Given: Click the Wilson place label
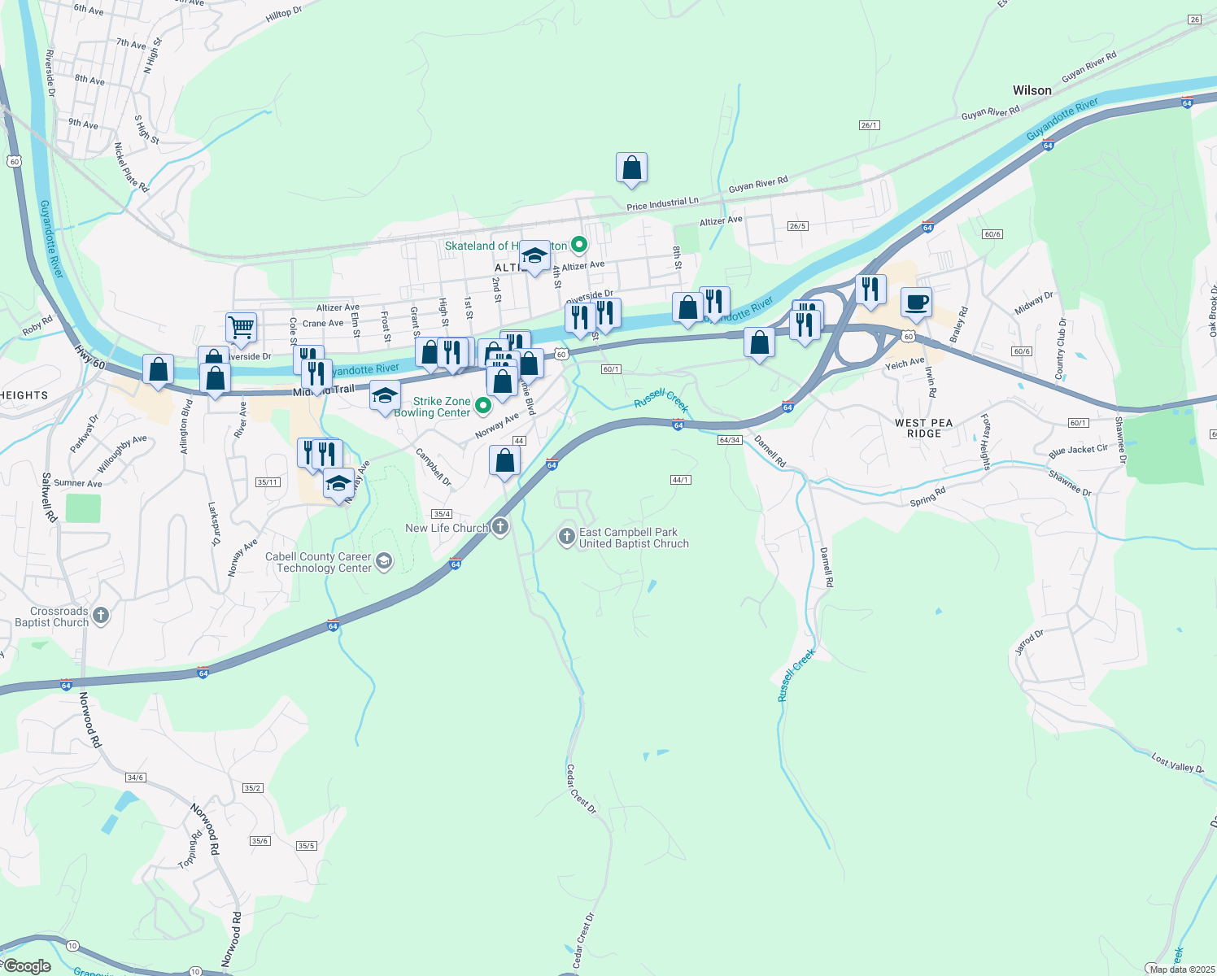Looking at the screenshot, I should tap(1032, 90).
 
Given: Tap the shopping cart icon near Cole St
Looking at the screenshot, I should tap(242, 328).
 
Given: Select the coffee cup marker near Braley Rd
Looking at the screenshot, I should tap(916, 303).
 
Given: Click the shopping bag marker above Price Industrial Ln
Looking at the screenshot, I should tap(631, 168).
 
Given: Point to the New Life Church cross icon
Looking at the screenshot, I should tap(500, 528).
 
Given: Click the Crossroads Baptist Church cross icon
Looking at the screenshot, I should tap(101, 616).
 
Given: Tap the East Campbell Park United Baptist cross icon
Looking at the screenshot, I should tap(567, 537).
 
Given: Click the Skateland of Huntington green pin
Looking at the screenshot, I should tap(579, 244).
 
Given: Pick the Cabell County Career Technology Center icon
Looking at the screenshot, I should tap(384, 561).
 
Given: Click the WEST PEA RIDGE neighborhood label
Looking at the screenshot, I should tap(923, 429).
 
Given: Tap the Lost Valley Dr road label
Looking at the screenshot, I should tap(1176, 763).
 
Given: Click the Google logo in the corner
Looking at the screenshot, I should tap(27, 966).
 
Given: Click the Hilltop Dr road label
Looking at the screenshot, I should tap(283, 15).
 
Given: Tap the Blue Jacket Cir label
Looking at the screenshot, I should tap(1078, 451).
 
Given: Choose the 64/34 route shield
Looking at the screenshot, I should tap(730, 440).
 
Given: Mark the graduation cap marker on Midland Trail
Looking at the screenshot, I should tap(385, 396).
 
